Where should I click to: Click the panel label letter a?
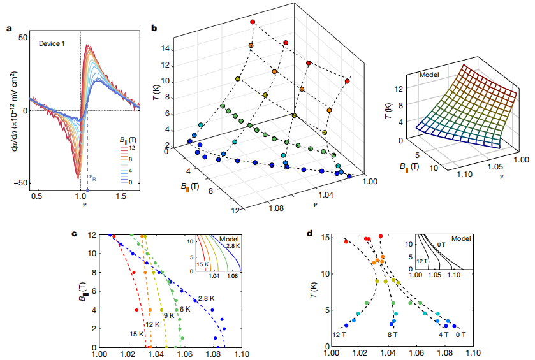tap(9, 27)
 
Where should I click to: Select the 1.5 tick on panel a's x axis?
tap(122, 194)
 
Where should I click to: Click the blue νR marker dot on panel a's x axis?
tap(87, 190)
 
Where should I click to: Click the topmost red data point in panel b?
tap(253, 22)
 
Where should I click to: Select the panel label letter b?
tap(154, 27)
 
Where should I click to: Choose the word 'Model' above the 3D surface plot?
tap(429, 75)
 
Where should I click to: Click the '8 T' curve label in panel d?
tap(391, 334)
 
